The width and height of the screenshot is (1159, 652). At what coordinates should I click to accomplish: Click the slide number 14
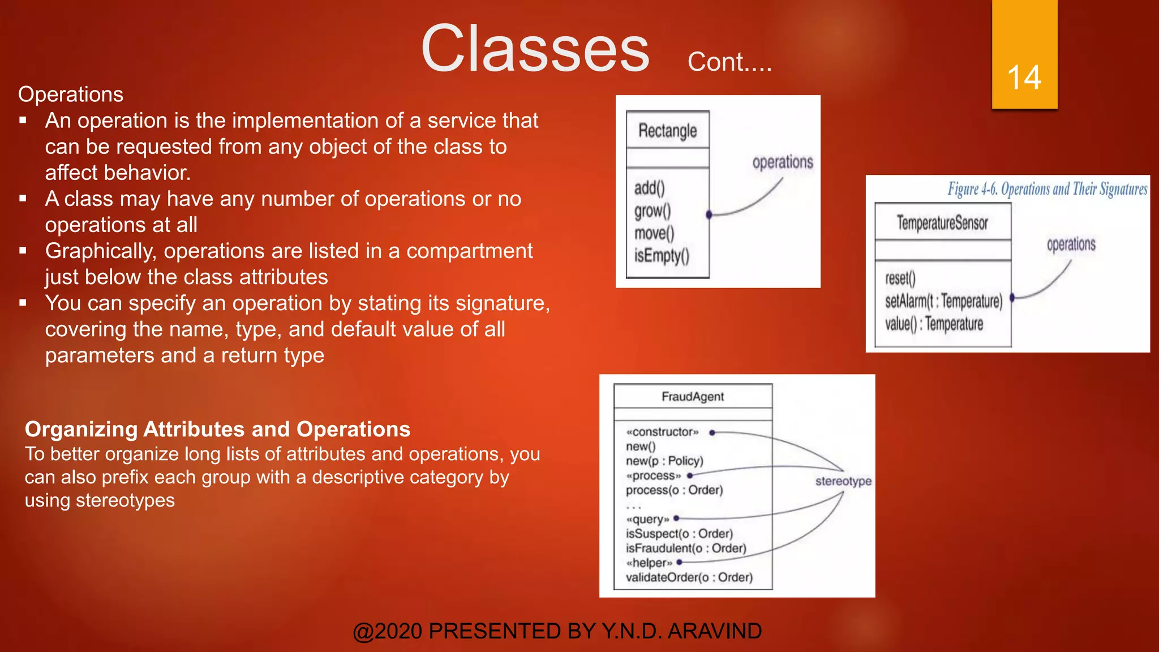[x=1024, y=78]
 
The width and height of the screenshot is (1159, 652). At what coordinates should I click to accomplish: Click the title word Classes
[x=535, y=49]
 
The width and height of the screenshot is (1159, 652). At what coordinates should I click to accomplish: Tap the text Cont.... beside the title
[x=729, y=62]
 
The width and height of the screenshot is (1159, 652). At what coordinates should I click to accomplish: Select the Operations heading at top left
[x=71, y=95]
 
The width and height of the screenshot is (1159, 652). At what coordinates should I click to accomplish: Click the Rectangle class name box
[x=667, y=131]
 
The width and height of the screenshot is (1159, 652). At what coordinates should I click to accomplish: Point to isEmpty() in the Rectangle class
[x=662, y=256]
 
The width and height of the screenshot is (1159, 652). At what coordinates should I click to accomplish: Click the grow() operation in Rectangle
[x=653, y=211]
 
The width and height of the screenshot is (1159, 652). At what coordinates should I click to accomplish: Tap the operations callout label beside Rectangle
[x=783, y=162]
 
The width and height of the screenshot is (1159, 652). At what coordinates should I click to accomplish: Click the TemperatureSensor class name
[x=942, y=223]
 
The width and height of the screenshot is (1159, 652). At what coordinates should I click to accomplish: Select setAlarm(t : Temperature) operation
[x=943, y=301]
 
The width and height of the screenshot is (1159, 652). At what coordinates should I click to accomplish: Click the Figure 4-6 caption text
[x=1047, y=189]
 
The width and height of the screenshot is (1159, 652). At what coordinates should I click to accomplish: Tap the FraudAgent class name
[x=693, y=397]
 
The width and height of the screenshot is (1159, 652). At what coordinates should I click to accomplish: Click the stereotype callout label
[x=843, y=481]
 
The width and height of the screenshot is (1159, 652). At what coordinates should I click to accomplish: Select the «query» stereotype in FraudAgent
[x=647, y=520]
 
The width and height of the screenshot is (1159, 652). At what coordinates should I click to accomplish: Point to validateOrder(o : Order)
[x=689, y=577]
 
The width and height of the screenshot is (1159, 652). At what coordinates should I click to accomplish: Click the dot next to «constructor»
[x=712, y=432]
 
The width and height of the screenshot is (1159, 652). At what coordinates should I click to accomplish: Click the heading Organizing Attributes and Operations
[x=217, y=430]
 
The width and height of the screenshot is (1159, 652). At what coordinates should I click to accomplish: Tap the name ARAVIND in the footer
[x=715, y=631]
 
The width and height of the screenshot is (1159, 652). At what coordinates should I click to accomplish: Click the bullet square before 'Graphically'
[x=23, y=251]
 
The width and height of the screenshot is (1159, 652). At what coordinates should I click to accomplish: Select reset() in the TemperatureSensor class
[x=900, y=278]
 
